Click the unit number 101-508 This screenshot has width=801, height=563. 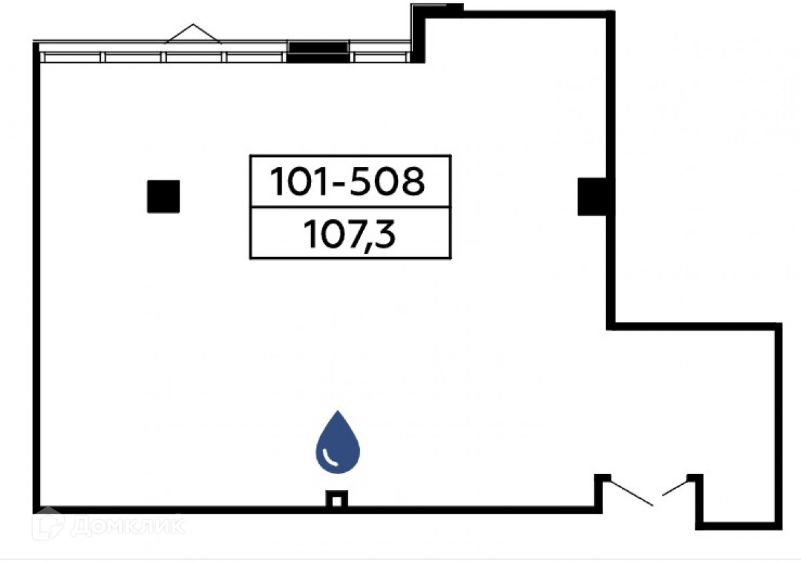(x=347, y=182)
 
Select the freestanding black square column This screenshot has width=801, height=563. (x=164, y=196)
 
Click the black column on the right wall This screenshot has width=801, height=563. (x=592, y=197)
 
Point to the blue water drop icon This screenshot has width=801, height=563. (x=338, y=443)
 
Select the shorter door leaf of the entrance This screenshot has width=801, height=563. (x=675, y=488)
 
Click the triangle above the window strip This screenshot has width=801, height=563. (x=193, y=35)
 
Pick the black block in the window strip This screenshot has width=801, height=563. (x=318, y=52)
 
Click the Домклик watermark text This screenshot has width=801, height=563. (x=127, y=526)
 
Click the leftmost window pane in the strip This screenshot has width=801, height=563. (x=72, y=57)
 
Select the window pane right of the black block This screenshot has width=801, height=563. (x=378, y=57)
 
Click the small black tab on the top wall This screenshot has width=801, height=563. (x=454, y=8)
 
